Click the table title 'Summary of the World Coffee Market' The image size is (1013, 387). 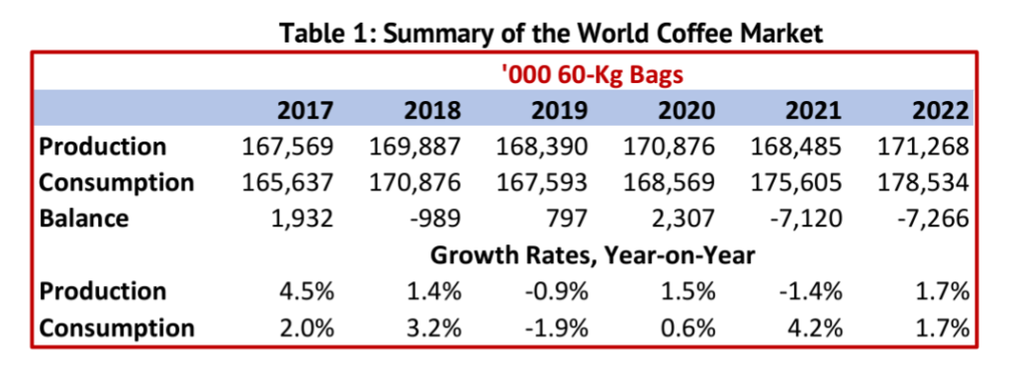click(x=552, y=34)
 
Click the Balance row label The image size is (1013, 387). click(x=84, y=218)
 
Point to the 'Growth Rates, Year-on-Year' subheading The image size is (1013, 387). click(x=593, y=254)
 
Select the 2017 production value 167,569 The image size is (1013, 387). click(x=288, y=146)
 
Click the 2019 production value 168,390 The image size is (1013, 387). click(x=542, y=146)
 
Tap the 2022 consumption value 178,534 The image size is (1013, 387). click(x=922, y=182)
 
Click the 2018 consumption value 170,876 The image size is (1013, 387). click(x=415, y=182)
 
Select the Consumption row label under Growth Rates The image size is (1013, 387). click(x=116, y=328)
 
